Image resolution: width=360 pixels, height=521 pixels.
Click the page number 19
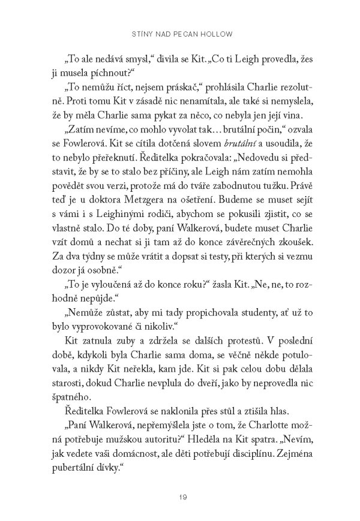(x=180, y=496)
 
